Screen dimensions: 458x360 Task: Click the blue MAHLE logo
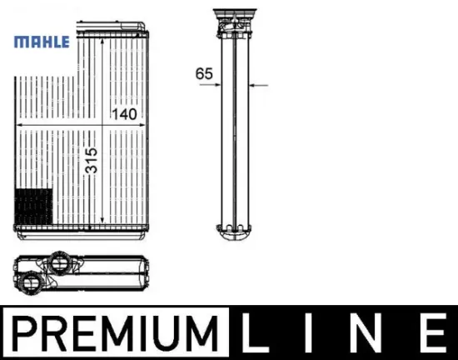(42, 42)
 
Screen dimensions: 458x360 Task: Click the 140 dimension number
(124, 114)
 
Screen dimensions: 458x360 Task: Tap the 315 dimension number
(91, 161)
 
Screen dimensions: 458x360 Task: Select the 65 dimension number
(204, 73)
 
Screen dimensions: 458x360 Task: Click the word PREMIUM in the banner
(115, 333)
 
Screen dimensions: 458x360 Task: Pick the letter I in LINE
(308, 332)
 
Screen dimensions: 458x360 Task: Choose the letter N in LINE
(366, 332)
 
